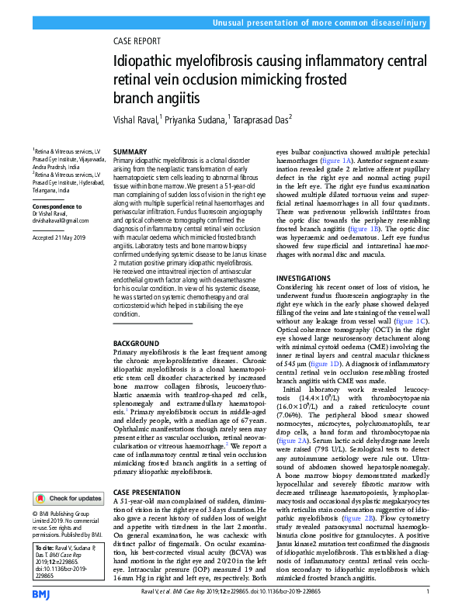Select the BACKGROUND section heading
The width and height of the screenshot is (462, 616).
(136, 343)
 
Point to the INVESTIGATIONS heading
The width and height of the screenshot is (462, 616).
(307, 277)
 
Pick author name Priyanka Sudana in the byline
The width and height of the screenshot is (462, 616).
(196, 120)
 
